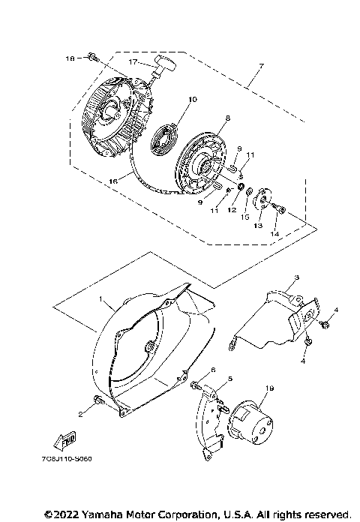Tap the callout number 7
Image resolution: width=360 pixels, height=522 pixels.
pos(261,67)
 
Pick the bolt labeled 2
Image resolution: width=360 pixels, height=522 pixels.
pos(97,404)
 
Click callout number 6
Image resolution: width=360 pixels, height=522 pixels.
pos(213,370)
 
